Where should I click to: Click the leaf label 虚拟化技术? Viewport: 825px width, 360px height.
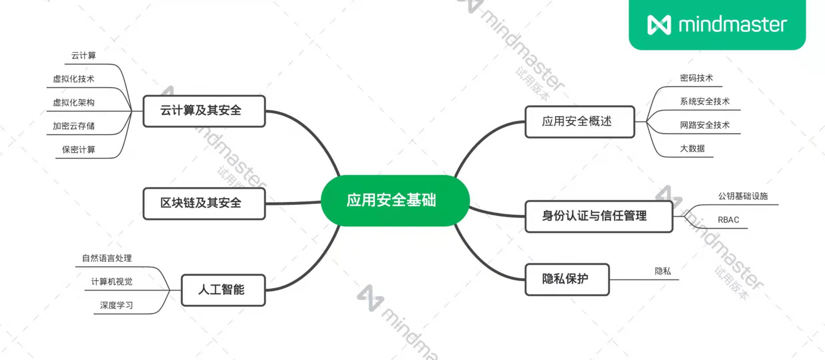(74, 79)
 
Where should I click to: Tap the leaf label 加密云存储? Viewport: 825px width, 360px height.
(74, 126)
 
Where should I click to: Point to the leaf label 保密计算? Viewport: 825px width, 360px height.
(79, 149)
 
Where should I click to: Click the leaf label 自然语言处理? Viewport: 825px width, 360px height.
(107, 258)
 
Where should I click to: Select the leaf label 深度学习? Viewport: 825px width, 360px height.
(116, 305)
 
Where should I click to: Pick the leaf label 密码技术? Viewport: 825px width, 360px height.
(696, 78)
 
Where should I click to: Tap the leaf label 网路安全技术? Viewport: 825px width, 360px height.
(705, 125)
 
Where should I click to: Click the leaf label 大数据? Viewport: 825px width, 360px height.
(692, 149)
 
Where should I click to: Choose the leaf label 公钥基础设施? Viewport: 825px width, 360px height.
(743, 196)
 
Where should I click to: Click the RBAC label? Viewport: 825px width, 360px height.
(728, 220)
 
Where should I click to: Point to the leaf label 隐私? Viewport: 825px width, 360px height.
(663, 271)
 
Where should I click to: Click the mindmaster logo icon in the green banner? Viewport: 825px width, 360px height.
(659, 25)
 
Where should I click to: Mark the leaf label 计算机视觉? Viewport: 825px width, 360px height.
(112, 282)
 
